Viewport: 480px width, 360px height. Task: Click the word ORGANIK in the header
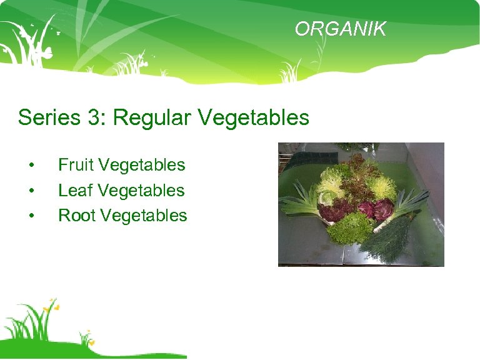[341, 29]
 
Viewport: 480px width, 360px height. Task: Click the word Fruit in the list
[76, 165]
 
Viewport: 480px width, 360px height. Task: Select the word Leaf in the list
[76, 190]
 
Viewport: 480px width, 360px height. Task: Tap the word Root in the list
[76, 215]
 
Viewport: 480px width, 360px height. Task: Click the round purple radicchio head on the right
[382, 207]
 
